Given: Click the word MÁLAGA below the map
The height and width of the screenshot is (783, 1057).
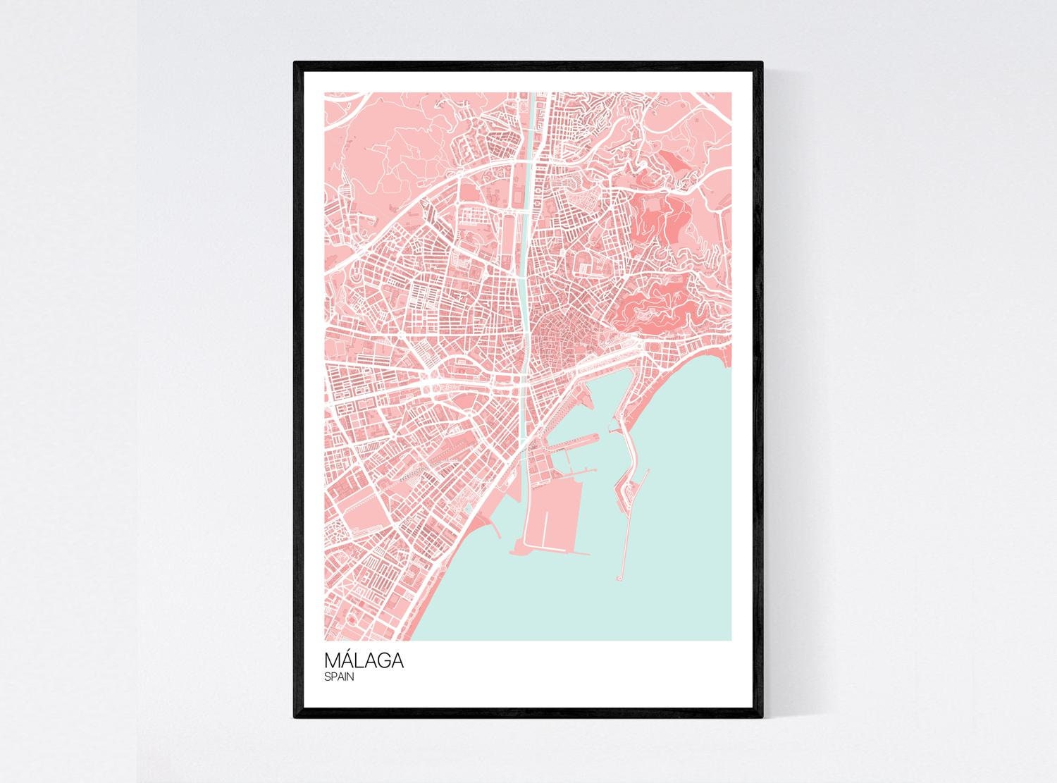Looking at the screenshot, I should [x=364, y=661].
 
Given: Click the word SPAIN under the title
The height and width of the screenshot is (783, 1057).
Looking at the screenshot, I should [x=340, y=677].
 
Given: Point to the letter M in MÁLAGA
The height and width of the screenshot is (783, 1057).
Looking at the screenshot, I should [x=333, y=662].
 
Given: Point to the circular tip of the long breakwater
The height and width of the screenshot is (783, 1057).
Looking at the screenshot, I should [x=619, y=578].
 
